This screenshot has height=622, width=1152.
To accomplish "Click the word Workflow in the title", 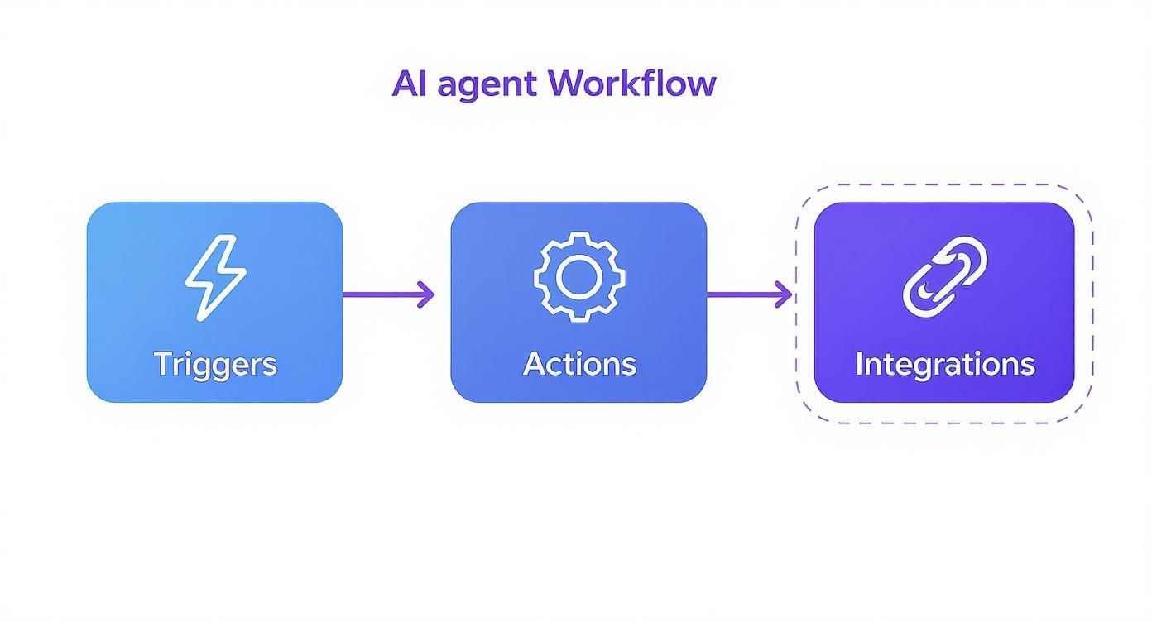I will [631, 84].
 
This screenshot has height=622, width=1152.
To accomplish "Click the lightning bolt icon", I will [215, 277].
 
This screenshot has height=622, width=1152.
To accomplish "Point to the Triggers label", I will [215, 364].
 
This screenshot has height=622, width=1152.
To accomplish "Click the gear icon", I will [578, 277].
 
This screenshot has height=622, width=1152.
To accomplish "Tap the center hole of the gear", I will [578, 277].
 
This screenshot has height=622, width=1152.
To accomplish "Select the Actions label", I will [579, 364].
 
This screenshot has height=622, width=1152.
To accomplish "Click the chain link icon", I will [944, 277].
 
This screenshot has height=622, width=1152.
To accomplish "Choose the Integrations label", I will [944, 364].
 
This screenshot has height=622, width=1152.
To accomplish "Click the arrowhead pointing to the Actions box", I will [426, 294].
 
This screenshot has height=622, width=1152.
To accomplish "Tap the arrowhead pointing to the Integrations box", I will [784, 294].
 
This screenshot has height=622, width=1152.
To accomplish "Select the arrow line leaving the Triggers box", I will [381, 294].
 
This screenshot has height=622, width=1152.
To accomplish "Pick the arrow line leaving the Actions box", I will [741, 294].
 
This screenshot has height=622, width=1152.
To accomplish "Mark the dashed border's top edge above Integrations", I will [944, 185].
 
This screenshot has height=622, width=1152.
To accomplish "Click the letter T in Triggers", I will [163, 363].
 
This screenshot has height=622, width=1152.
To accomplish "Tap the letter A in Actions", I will [534, 363].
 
